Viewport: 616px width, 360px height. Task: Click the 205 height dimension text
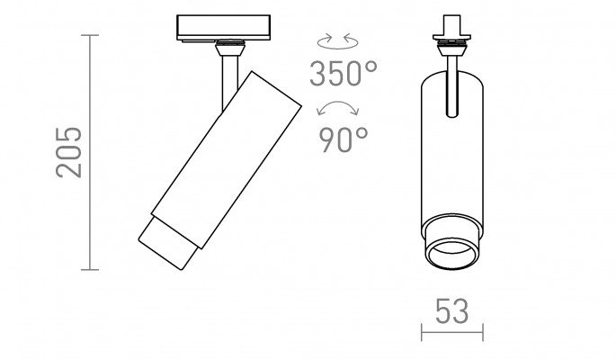(69, 152)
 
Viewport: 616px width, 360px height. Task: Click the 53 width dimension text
(451, 311)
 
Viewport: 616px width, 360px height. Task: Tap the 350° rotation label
(343, 74)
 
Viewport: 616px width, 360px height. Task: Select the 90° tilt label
(343, 139)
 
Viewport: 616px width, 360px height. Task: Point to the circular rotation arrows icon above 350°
(337, 41)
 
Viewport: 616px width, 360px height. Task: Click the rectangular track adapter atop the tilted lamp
(223, 28)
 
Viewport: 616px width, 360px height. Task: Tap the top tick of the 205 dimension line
(90, 35)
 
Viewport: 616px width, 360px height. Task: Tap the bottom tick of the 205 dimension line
(90, 270)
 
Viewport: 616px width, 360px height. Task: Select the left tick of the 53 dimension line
(422, 332)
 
